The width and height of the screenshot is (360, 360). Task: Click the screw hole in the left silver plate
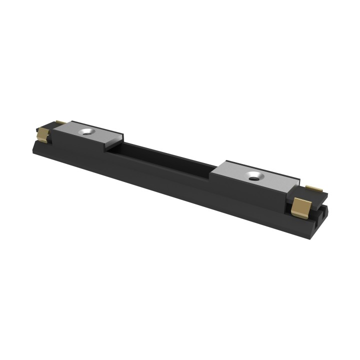88,131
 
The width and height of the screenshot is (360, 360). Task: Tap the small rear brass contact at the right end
314,188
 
